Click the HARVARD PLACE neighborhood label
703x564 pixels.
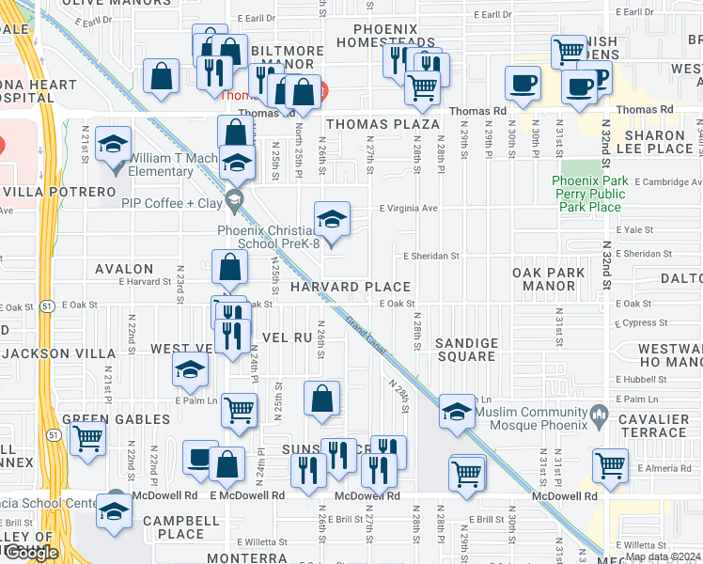click(x=350, y=287)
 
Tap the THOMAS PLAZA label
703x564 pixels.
click(x=383, y=124)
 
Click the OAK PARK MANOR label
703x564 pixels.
click(x=548, y=279)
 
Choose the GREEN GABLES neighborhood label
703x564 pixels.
click(x=105, y=420)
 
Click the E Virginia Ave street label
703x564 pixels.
click(x=409, y=209)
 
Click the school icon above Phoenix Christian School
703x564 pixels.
click(x=332, y=220)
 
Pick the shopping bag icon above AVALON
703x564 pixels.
click(x=230, y=269)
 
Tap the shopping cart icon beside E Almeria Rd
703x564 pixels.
click(x=611, y=464)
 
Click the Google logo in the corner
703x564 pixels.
click(x=31, y=553)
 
